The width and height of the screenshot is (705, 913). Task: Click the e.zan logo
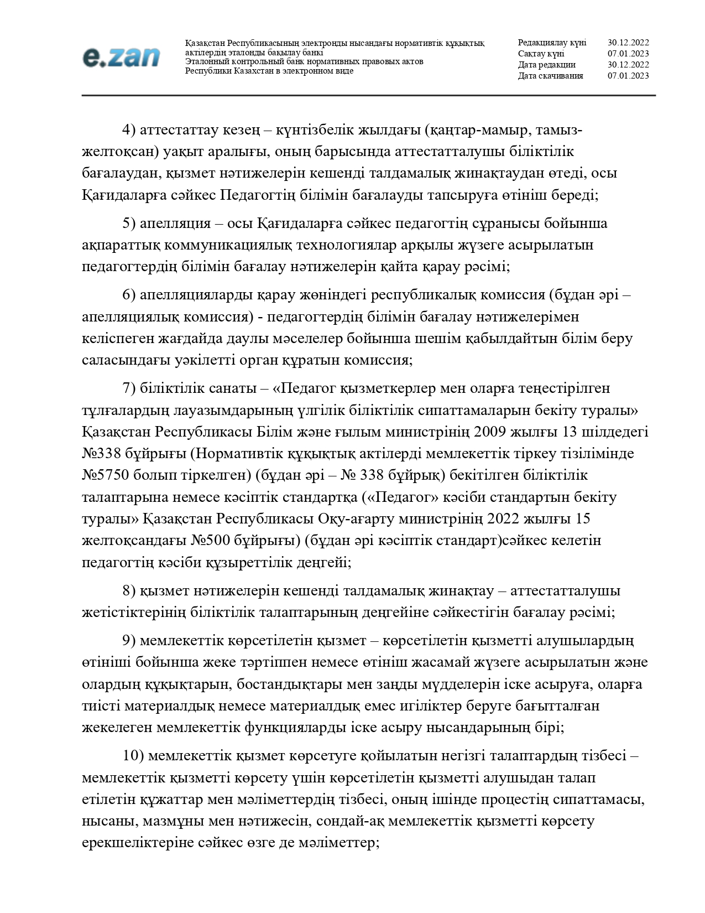[x=121, y=57]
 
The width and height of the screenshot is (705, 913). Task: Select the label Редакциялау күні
[x=552, y=43]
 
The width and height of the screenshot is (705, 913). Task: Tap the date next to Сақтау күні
[x=628, y=54]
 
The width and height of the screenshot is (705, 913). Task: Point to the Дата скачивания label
[x=550, y=76]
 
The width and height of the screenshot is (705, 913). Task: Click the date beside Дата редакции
[x=628, y=65]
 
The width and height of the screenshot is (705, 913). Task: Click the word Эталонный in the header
[x=205, y=61]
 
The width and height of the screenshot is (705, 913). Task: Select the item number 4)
[x=129, y=130]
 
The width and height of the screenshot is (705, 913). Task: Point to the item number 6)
[x=129, y=295]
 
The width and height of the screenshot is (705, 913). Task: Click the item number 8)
[x=129, y=591]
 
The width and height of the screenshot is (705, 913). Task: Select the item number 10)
[x=133, y=756]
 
